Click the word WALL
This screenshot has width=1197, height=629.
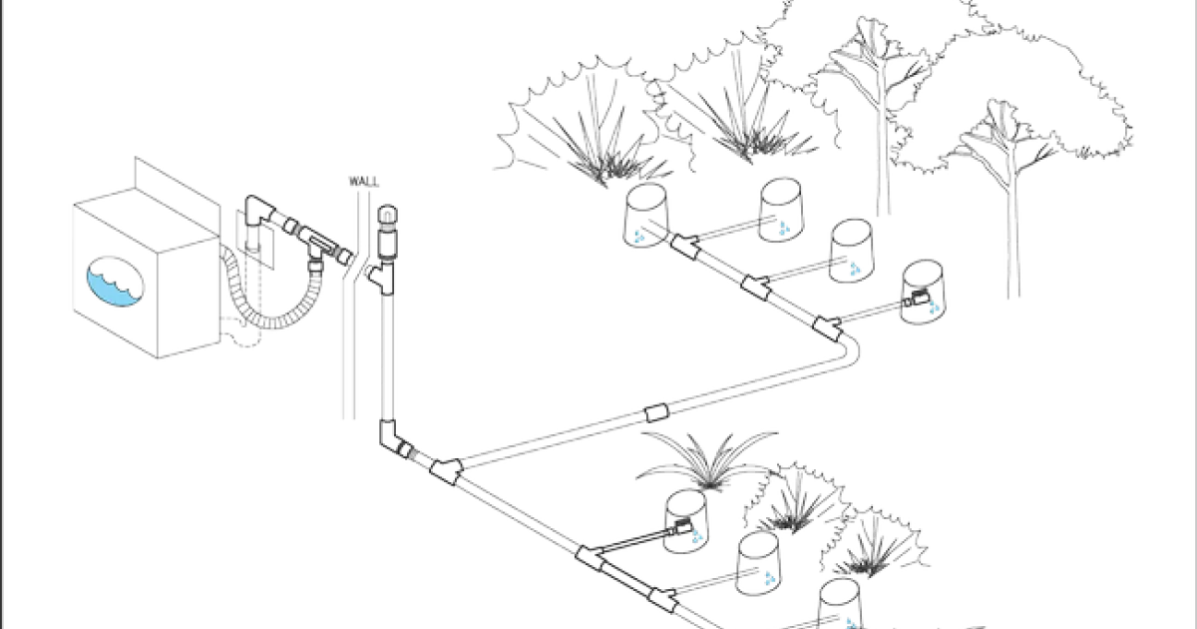(x=364, y=182)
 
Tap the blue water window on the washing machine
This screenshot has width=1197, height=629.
(x=116, y=282)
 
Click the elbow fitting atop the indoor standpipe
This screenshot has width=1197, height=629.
(x=260, y=211)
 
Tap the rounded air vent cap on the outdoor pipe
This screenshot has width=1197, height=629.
(x=387, y=216)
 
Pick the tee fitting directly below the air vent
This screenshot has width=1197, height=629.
(x=383, y=276)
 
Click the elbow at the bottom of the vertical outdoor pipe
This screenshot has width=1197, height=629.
(x=393, y=438)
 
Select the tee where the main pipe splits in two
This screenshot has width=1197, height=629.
(x=446, y=471)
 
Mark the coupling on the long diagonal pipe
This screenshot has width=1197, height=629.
(x=656, y=413)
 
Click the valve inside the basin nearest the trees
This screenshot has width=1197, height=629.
(x=917, y=298)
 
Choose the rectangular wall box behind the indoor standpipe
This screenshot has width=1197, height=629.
(x=255, y=239)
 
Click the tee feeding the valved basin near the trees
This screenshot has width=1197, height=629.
(x=827, y=327)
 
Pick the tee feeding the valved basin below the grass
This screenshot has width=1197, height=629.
(x=591, y=557)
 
